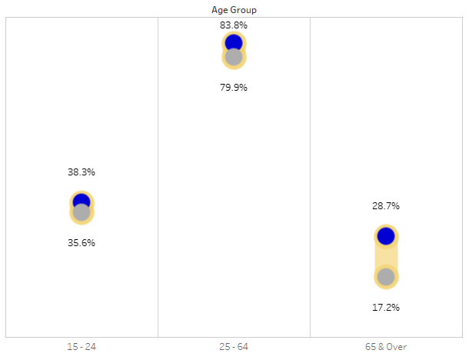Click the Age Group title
tap(234, 9)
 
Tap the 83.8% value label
tap(234, 25)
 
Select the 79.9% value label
tap(234, 87)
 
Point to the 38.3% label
tap(81, 172)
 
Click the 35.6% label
tap(81, 242)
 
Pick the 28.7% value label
tap(386, 205)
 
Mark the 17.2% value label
tap(386, 307)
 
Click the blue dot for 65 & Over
tap(386, 235)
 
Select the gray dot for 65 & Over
tap(386, 277)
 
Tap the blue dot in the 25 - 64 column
tap(234, 42)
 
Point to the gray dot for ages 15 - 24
tap(81, 213)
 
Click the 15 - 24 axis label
tap(81, 347)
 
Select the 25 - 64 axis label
tap(234, 347)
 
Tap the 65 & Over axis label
tap(386, 347)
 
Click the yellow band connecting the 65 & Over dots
tap(386, 256)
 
